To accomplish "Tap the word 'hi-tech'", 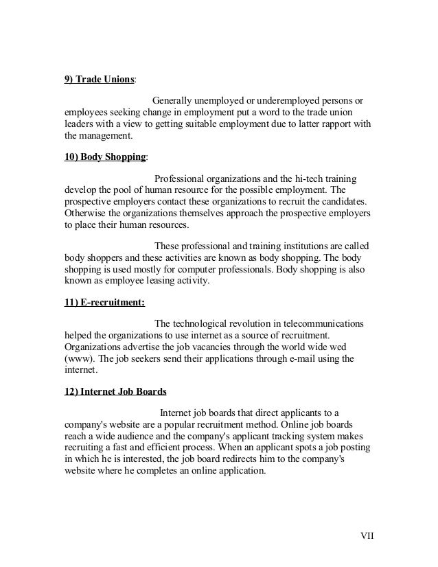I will pos(301,178).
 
